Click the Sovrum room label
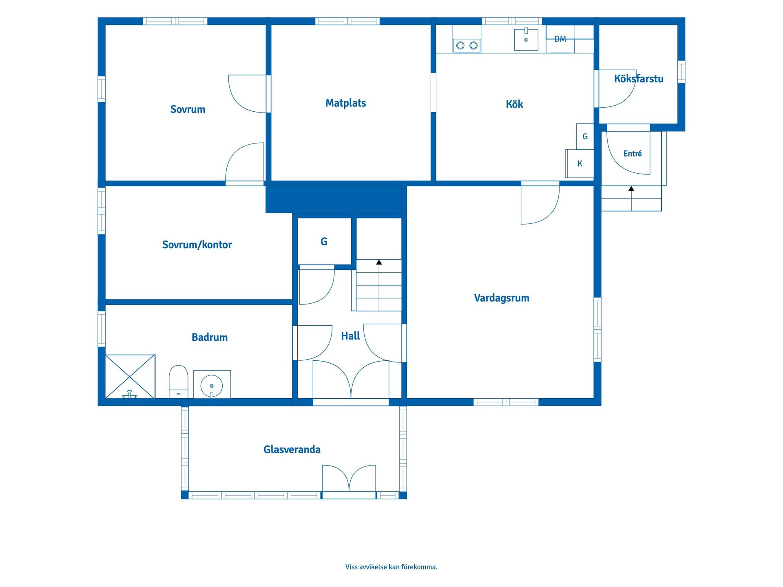[x=188, y=109]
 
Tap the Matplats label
[x=345, y=103]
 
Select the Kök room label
[x=514, y=104]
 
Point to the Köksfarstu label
[x=639, y=79]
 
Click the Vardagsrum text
[x=502, y=298]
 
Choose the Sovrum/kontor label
[x=197, y=245]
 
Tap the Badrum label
[x=210, y=337]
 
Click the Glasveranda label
[x=292, y=449]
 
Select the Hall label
[x=350, y=336]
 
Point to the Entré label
[x=633, y=153]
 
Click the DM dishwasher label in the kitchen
[x=560, y=39]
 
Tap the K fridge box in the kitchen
[x=580, y=163]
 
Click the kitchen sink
[x=526, y=40]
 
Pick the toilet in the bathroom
[x=178, y=382]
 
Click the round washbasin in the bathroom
[x=212, y=385]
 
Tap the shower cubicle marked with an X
[x=130, y=376]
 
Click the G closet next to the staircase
[x=324, y=241]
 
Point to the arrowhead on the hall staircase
[x=379, y=262]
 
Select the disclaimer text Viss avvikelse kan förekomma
[x=391, y=567]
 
